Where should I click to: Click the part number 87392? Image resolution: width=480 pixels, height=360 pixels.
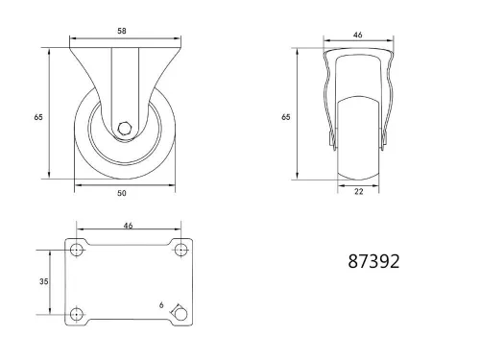coord(373,260)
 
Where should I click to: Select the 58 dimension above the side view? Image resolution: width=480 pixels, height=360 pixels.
coord(123,32)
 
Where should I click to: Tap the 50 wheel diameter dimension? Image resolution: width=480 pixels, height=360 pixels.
coord(123,193)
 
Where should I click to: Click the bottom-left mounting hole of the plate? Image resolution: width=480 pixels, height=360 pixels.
coord(77,314)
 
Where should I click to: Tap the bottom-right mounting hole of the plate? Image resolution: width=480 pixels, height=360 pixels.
coord(181,314)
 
